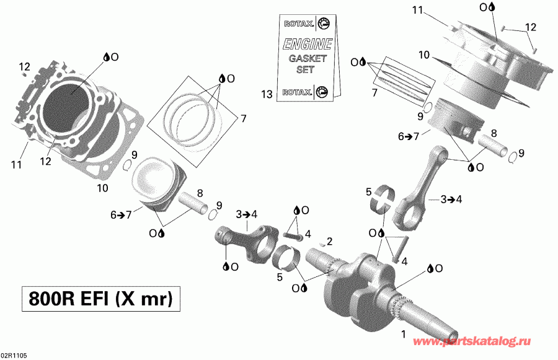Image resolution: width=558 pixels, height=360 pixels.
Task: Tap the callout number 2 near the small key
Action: [x=330, y=240]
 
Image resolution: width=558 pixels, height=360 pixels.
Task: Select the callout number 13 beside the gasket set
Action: [x=267, y=94]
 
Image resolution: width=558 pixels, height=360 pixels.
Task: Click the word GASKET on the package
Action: [x=302, y=59]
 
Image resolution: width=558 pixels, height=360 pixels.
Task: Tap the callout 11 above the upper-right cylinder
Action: [x=417, y=10]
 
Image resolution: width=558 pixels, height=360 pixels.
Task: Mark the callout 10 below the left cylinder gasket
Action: [x=102, y=187]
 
